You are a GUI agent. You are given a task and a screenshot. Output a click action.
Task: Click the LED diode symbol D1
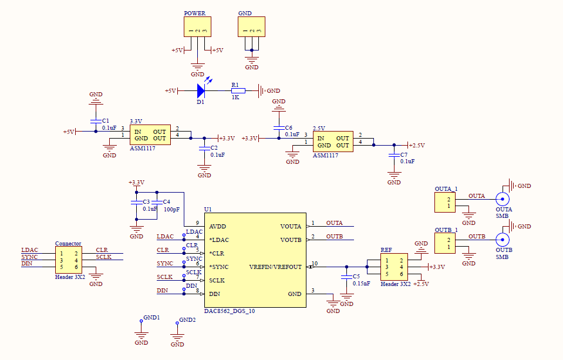tap(201, 90)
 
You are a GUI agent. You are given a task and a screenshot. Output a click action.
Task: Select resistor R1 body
tap(238, 90)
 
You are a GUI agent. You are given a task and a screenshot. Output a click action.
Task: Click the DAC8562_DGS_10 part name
tap(230, 311)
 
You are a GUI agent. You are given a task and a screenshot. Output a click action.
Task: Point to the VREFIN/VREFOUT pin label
tap(275, 267)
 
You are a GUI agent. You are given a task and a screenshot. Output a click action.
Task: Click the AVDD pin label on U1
tap(217, 226)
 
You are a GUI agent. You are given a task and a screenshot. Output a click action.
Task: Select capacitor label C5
tap(356, 275)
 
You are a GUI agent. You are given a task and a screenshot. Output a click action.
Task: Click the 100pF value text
tap(171, 209)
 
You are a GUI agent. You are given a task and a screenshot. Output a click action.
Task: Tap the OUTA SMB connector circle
tap(503, 198)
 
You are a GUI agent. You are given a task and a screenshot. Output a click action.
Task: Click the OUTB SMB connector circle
tap(503, 240)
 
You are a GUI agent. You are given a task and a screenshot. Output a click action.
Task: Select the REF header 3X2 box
tap(393, 267)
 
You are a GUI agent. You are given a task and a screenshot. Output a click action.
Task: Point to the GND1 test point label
tap(151, 318)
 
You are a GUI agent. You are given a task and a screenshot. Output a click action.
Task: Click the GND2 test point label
tap(187, 320)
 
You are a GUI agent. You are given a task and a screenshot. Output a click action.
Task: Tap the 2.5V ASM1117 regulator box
tap(332, 142)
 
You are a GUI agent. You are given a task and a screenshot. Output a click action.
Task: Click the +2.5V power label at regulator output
tap(416, 145)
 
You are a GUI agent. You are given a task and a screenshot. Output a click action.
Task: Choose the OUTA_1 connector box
tap(445, 203)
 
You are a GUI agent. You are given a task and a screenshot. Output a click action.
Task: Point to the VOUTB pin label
tap(291, 240)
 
